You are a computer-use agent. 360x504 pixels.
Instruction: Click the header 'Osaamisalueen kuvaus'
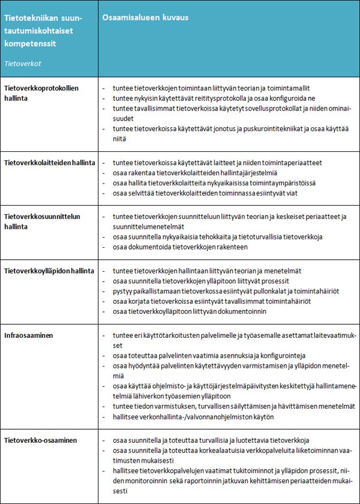coord(145,17)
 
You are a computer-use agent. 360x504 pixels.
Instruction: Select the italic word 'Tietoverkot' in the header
coord(23,62)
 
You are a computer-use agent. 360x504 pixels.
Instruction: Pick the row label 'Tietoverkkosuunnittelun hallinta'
coord(42,221)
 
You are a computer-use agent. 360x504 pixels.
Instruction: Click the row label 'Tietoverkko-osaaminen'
coord(40,440)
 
